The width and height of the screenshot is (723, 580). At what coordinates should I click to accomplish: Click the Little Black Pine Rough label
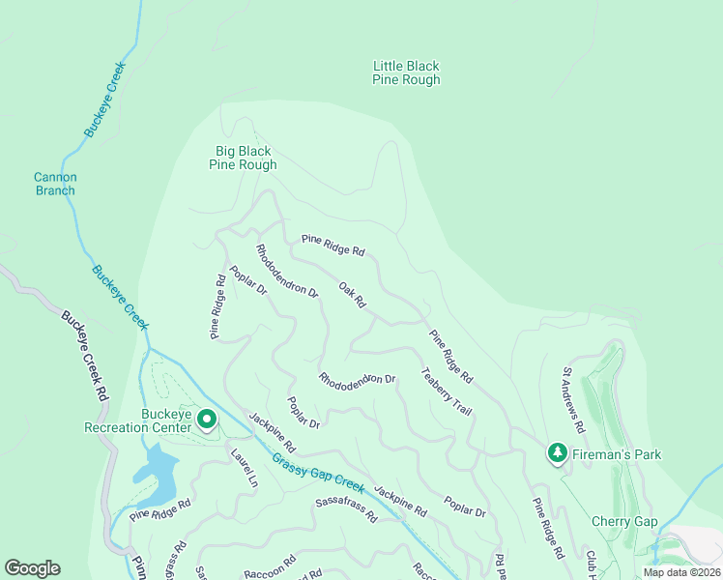[406, 73]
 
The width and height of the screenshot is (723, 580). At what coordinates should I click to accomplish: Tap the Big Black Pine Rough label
[243, 158]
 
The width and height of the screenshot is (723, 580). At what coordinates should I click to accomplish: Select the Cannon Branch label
[55, 184]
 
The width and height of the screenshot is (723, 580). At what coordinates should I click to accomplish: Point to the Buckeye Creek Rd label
[83, 356]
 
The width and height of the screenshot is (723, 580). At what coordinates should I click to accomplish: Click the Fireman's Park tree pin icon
[557, 452]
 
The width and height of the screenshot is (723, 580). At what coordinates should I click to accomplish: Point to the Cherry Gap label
[624, 522]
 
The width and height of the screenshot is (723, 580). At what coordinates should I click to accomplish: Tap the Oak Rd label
[353, 295]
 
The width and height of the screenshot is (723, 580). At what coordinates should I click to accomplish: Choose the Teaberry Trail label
[446, 391]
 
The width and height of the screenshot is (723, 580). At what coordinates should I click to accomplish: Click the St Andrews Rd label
[574, 399]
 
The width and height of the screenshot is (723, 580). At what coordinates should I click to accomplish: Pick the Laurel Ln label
[245, 468]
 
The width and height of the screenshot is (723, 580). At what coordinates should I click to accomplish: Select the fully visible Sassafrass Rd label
[346, 508]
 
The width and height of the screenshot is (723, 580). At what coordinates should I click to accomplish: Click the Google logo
[32, 568]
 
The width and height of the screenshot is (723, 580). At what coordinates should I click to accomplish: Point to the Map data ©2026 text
[681, 572]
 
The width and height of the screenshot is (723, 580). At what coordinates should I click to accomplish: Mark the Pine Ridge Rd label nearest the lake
[160, 509]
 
